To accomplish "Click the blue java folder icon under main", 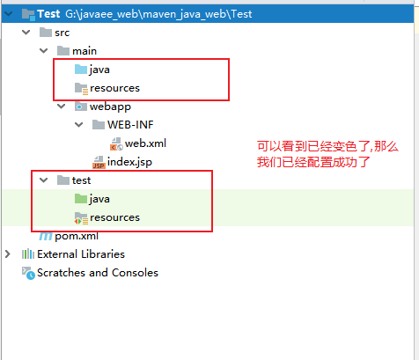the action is tap(81, 70).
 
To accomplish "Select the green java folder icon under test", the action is tap(81, 199).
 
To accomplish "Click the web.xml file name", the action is tap(145, 143).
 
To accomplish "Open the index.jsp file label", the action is tap(129, 162).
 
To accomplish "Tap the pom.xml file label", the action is tap(77, 236).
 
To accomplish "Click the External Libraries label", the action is tap(81, 254).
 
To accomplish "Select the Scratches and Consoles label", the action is tap(98, 273).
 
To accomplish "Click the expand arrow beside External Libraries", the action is tap(8, 254).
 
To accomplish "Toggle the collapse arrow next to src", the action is tap(26, 33).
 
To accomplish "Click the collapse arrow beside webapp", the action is tap(62, 107).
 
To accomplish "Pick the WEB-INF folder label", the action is tap(130, 125).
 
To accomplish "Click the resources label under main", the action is tap(114, 88).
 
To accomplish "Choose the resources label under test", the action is tap(114, 217).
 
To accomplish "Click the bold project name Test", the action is tap(48, 14).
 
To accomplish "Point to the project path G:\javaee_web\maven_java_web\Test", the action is tap(158, 14).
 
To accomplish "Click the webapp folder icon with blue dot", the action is tap(81, 107).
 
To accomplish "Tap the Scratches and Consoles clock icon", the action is tap(28, 273).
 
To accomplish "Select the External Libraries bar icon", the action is tap(28, 254).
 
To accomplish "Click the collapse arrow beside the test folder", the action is tap(44, 180).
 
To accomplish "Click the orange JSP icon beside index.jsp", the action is tap(99, 162).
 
